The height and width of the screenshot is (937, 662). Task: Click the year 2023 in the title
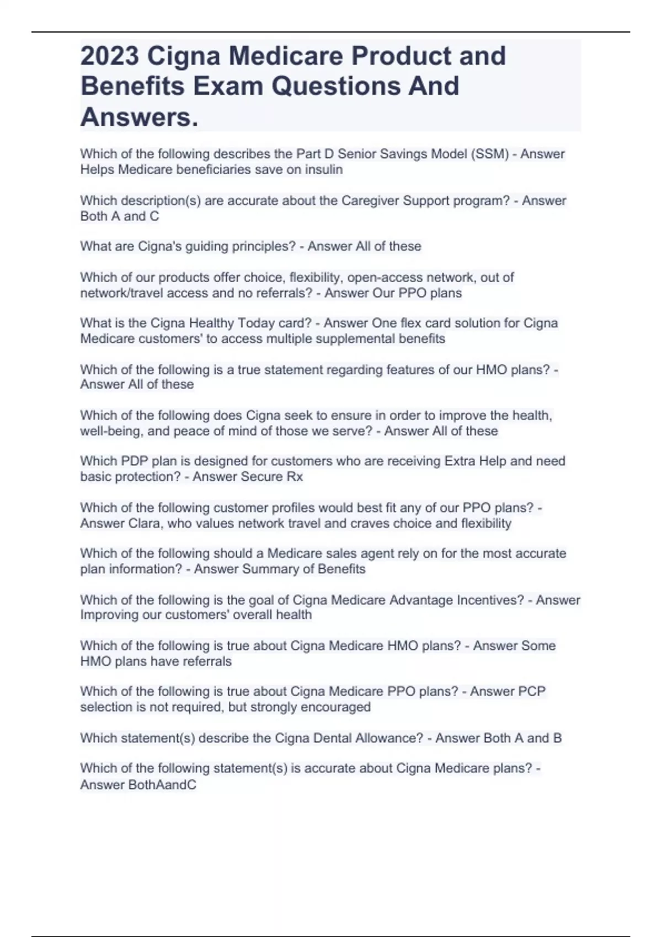click(x=109, y=56)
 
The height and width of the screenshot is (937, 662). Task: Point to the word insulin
click(x=325, y=169)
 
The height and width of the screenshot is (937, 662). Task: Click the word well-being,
click(x=111, y=431)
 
